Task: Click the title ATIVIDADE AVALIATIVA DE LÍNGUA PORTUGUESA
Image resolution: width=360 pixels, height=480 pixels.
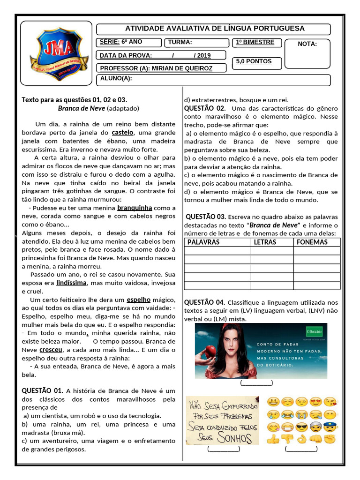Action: [x=215, y=29]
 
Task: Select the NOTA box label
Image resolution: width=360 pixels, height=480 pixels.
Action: [x=307, y=44]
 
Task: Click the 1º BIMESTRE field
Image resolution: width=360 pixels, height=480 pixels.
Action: [x=255, y=42]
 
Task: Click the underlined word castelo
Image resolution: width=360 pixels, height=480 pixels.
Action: [x=123, y=133]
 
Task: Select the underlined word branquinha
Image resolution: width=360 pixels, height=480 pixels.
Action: [x=135, y=208]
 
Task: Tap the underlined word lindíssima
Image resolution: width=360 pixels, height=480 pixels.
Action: [x=71, y=283]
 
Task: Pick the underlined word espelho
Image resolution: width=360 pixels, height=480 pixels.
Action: [x=139, y=300]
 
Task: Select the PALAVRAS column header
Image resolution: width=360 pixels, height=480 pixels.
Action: [x=203, y=242]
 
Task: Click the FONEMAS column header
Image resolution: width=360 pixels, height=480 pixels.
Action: [x=312, y=242]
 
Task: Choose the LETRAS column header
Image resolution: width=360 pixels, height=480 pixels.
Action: [x=265, y=242]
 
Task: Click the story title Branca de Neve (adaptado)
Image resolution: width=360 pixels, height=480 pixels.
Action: [x=98, y=108]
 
